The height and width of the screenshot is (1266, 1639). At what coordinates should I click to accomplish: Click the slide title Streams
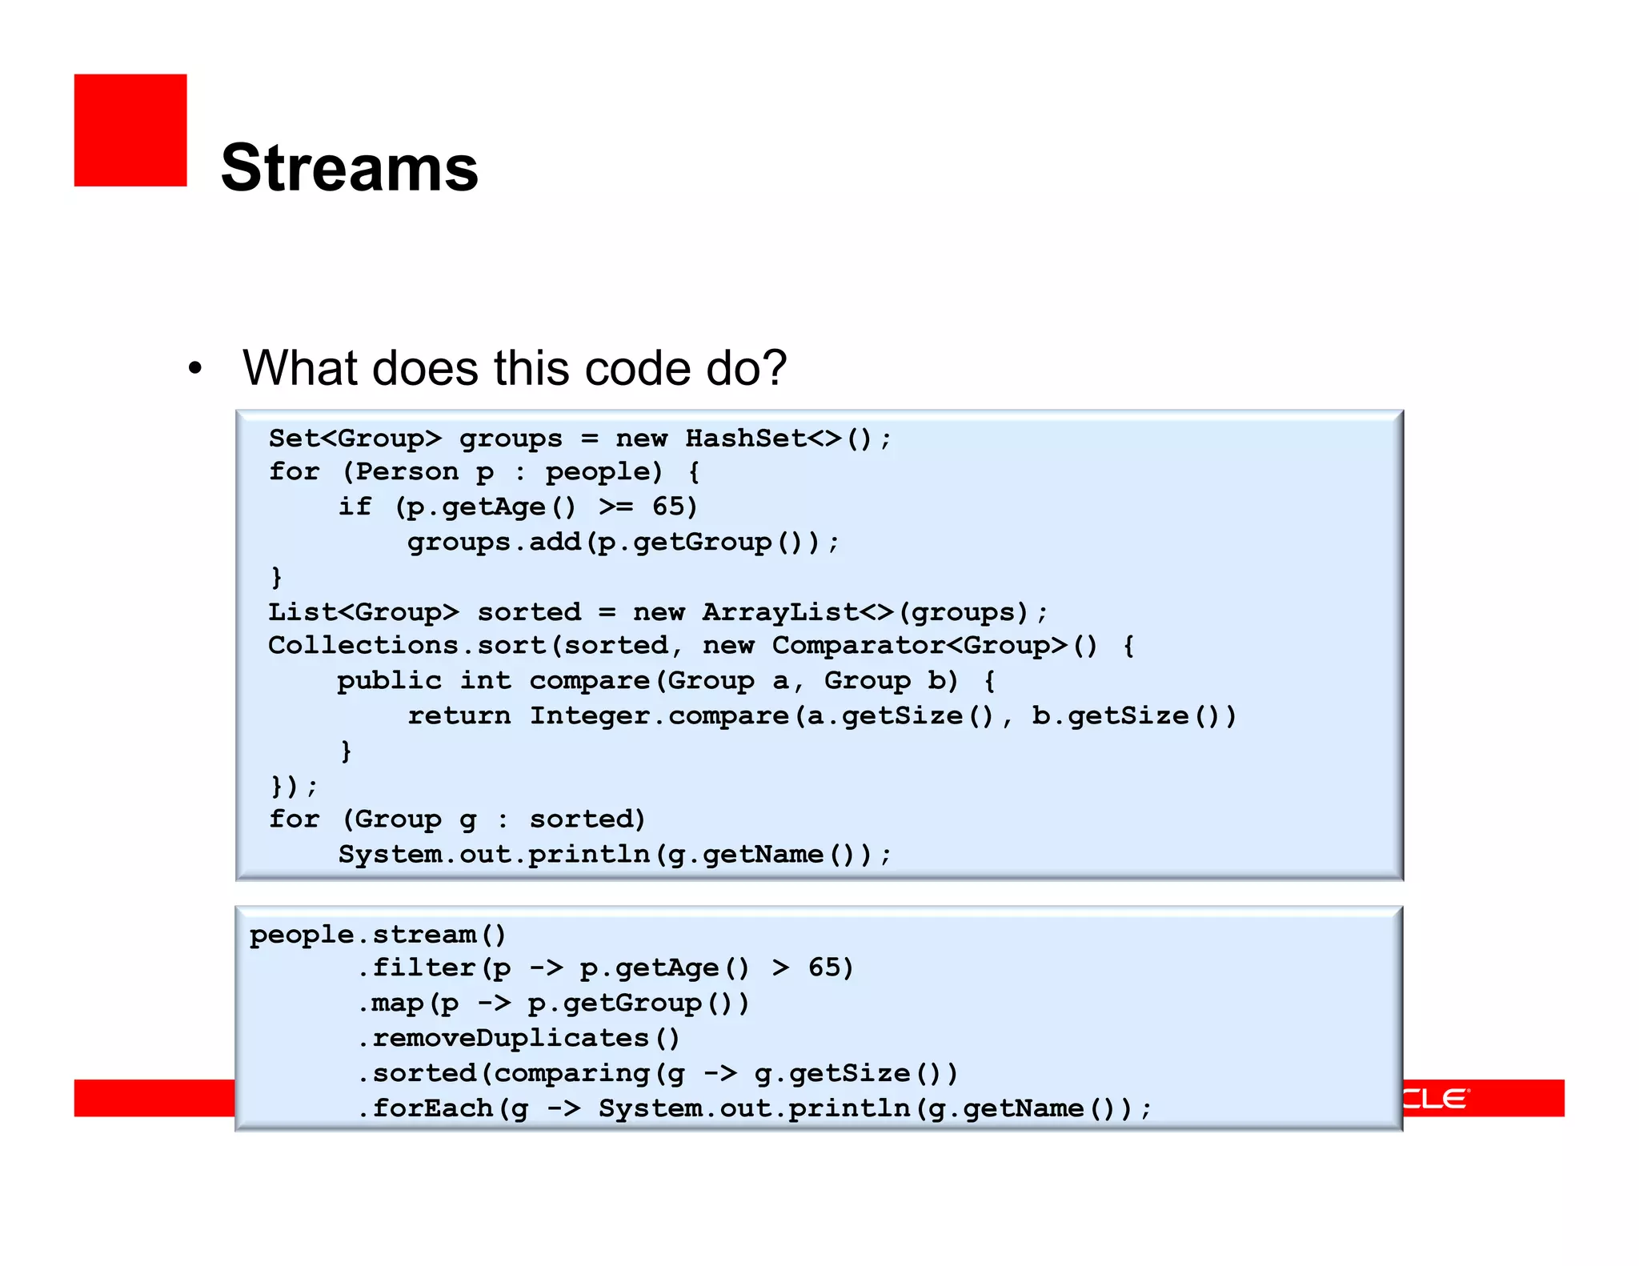(x=350, y=168)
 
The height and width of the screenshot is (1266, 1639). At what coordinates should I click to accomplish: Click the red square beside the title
(x=130, y=130)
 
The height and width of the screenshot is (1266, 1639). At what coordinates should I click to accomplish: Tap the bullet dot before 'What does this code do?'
(x=195, y=369)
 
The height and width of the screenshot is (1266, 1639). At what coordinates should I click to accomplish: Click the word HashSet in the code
(x=745, y=439)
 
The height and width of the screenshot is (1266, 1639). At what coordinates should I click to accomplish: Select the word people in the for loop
(x=603, y=472)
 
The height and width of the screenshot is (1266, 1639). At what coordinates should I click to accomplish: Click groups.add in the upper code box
(x=494, y=543)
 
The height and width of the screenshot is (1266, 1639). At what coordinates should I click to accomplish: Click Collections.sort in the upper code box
(x=413, y=646)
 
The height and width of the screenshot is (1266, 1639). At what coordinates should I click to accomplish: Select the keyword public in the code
(x=389, y=681)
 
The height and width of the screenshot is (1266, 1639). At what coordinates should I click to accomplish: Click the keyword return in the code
(x=459, y=715)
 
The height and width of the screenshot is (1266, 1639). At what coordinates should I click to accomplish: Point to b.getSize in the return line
(x=1109, y=715)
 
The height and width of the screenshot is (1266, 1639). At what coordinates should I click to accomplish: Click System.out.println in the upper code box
(x=494, y=855)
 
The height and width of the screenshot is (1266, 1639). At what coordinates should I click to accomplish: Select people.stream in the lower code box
(x=363, y=935)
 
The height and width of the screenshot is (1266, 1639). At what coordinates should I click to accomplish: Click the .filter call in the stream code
(x=416, y=968)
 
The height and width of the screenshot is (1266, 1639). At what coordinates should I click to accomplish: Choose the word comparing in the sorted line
(x=571, y=1073)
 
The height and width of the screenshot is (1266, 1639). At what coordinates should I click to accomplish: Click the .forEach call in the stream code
(x=425, y=1108)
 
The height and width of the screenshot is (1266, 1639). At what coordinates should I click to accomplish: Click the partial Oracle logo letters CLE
(x=1436, y=1098)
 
